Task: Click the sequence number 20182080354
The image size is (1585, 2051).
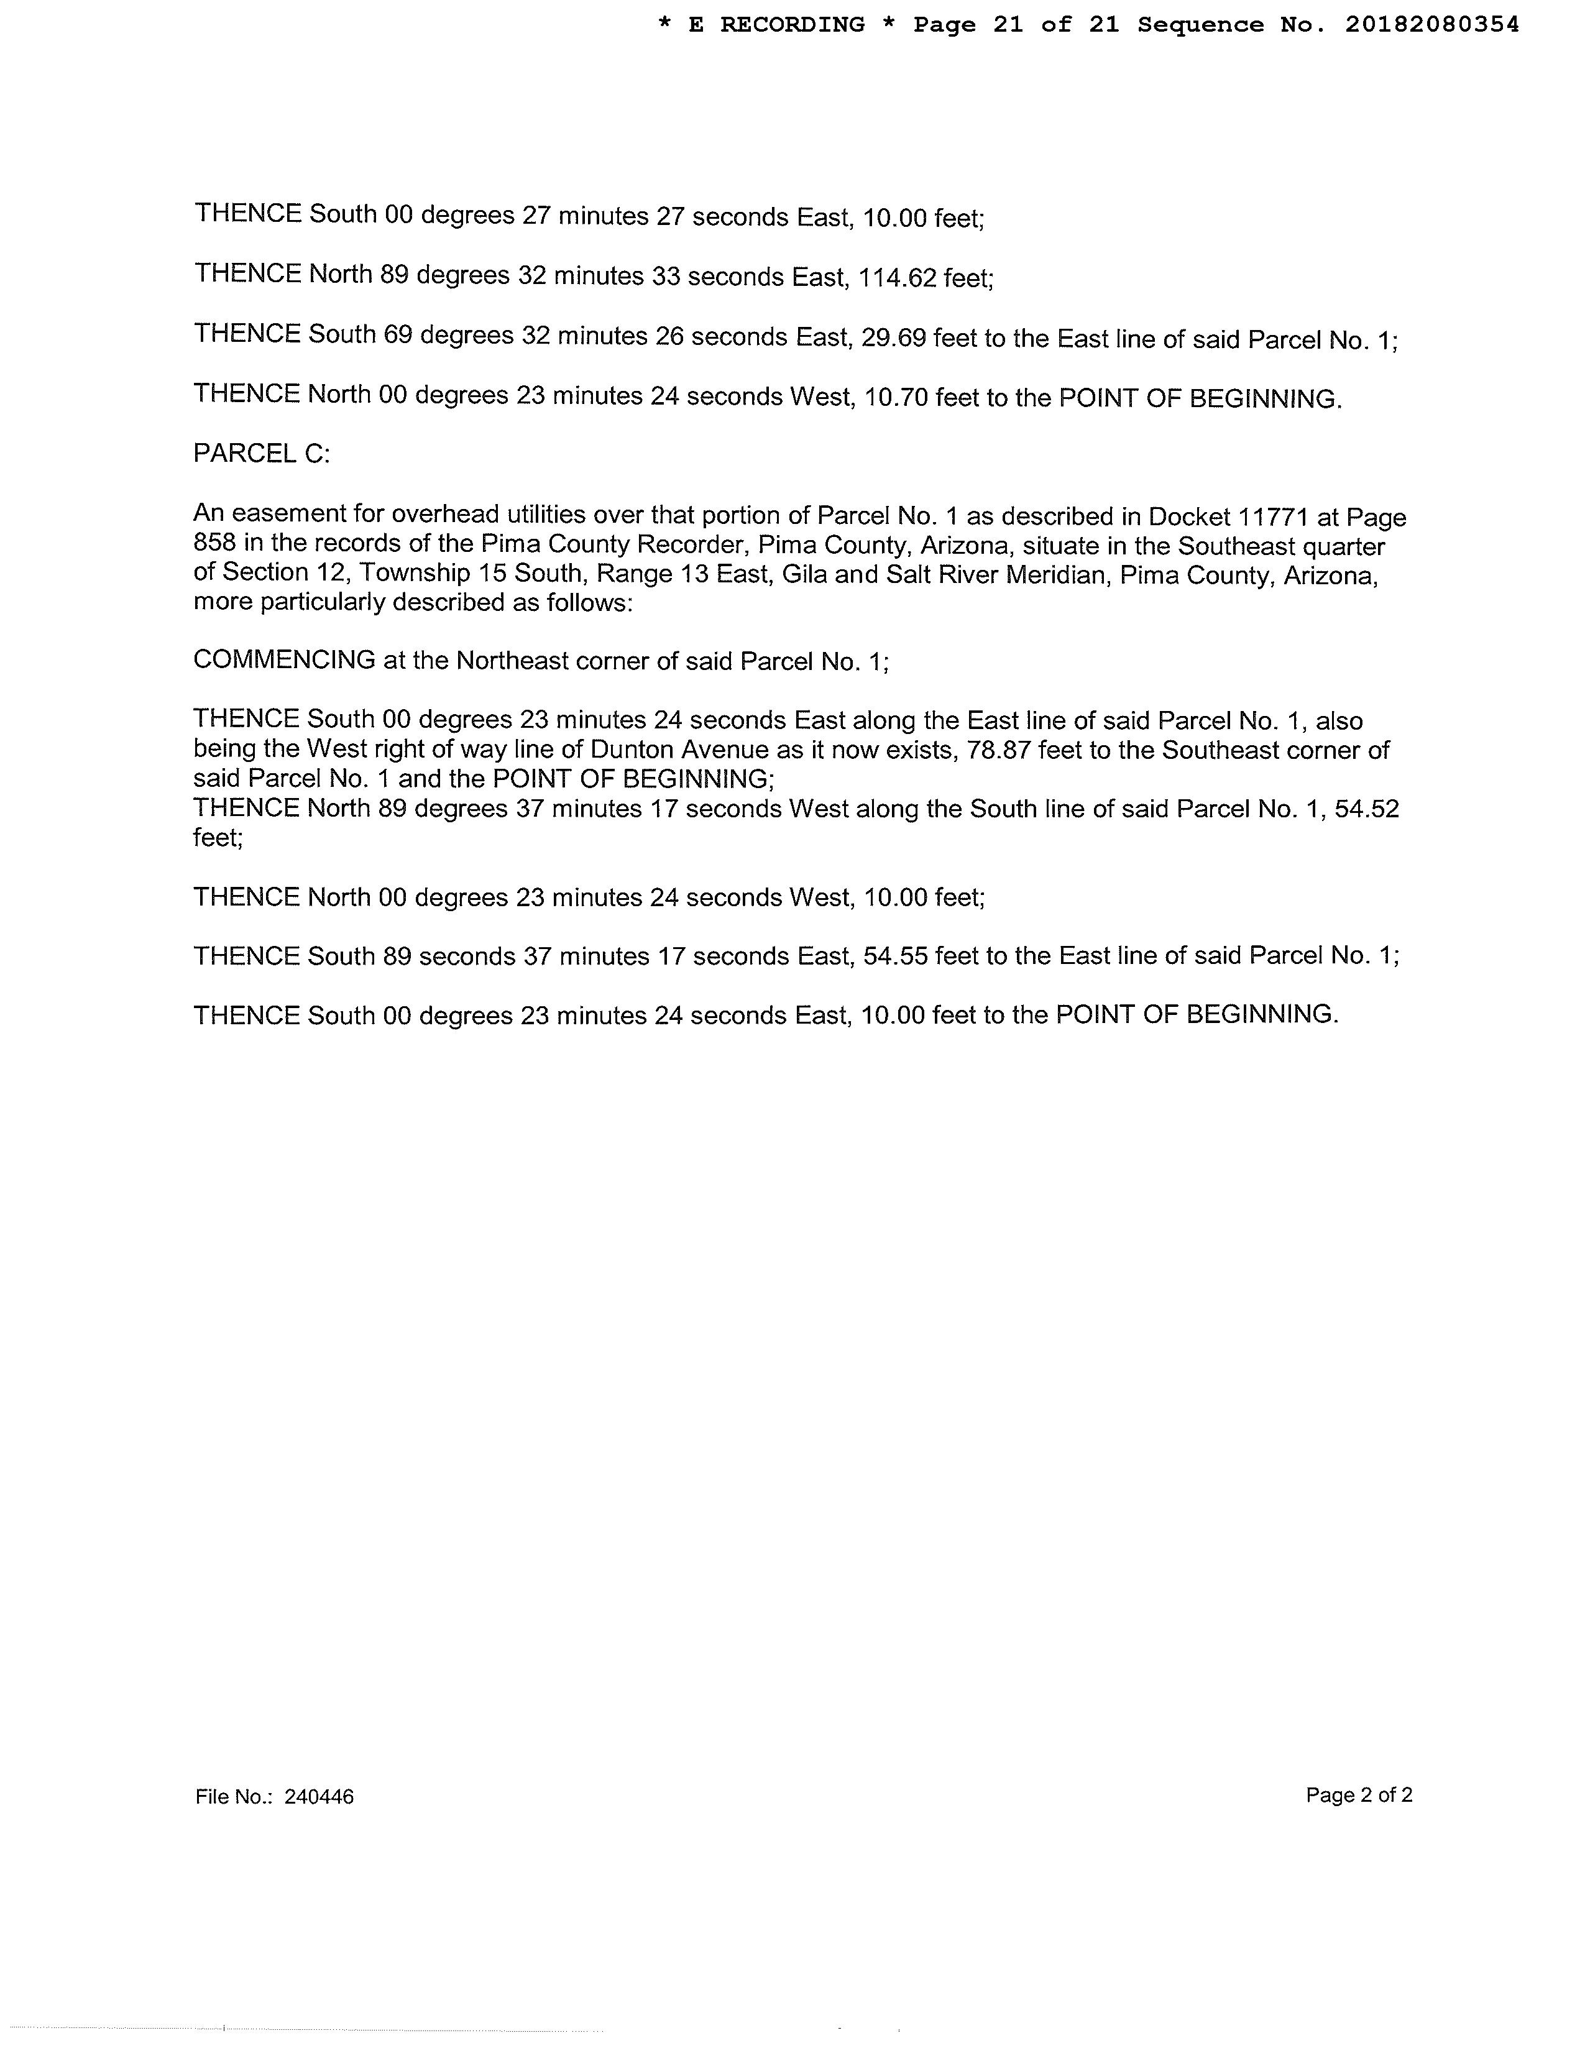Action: [x=1431, y=25]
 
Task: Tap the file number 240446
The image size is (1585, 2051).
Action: [x=319, y=1797]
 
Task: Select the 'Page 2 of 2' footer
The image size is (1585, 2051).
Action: [x=1359, y=1795]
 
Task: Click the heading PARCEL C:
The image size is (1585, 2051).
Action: [x=261, y=454]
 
